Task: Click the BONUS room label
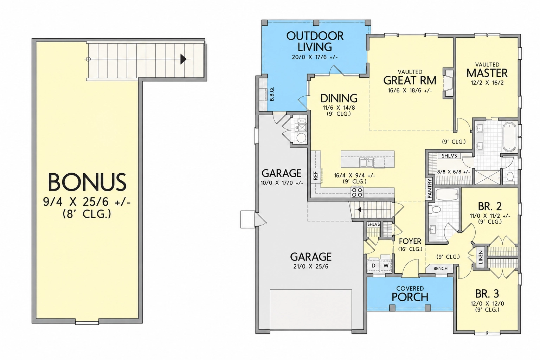pos(87,182)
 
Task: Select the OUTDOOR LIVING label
pos(315,41)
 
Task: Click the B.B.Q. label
pos(272,94)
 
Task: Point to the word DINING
pos(339,98)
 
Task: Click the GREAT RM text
pos(410,81)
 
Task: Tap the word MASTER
pos(487,73)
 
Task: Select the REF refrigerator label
pos(316,176)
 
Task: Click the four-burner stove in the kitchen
pos(357,192)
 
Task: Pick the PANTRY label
pos(429,188)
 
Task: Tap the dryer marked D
pos(373,265)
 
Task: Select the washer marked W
pos(386,265)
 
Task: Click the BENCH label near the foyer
pos(440,268)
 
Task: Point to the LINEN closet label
pos(481,257)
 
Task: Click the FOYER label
pos(410,242)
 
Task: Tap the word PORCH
pos(410,297)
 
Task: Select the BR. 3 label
pos(487,294)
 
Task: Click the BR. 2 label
pos(490,206)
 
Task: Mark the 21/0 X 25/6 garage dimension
pos(311,266)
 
